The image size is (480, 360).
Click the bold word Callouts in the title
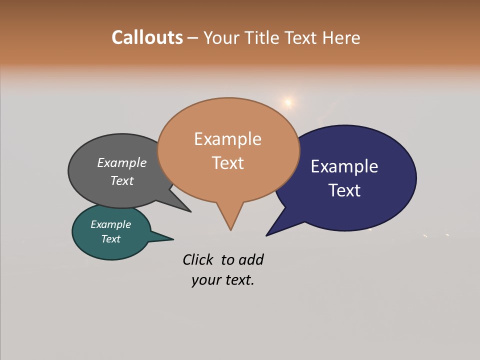click(147, 37)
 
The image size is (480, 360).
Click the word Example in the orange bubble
click(227, 139)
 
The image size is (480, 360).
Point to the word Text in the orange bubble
click(227, 163)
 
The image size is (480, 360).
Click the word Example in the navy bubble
click(344, 166)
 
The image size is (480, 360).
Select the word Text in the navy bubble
click(344, 190)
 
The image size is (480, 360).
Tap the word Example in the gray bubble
click(122, 163)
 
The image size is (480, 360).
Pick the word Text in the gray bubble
click(122, 180)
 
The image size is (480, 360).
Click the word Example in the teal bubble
click(110, 224)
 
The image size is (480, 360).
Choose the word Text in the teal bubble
click(110, 239)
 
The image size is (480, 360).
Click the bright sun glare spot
click(287, 102)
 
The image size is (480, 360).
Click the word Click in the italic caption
click(198, 259)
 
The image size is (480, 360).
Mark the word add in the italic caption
click(251, 259)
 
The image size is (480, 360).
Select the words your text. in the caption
click(223, 280)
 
